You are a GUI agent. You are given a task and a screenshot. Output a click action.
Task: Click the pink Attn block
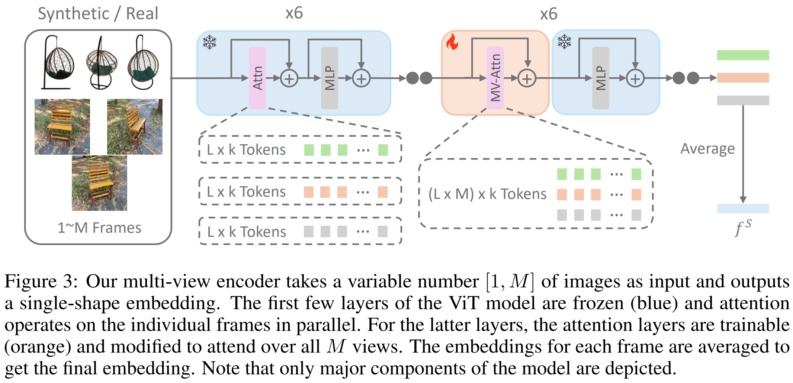click(x=257, y=78)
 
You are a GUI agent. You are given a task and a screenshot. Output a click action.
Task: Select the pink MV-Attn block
click(x=495, y=78)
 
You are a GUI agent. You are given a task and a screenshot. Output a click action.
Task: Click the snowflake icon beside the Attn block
click(x=210, y=42)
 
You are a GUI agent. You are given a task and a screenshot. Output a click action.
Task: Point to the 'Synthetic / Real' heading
click(x=98, y=14)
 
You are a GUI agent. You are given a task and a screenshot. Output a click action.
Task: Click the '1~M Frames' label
click(x=99, y=228)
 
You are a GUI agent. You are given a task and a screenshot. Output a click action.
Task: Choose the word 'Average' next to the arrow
click(x=707, y=149)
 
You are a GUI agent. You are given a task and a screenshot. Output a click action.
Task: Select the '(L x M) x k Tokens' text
click(x=487, y=194)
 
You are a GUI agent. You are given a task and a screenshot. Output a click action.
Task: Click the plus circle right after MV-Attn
click(x=527, y=78)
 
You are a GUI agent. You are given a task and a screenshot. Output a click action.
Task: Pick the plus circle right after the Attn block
click(x=289, y=78)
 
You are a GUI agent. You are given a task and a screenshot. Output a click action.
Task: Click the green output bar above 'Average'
click(x=743, y=55)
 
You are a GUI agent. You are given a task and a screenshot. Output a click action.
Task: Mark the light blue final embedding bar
click(x=743, y=209)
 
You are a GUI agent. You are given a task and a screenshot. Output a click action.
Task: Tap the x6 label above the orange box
click(x=549, y=14)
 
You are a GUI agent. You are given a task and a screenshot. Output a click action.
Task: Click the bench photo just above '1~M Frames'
click(x=99, y=183)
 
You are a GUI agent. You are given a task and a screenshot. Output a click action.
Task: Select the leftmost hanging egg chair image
click(x=58, y=62)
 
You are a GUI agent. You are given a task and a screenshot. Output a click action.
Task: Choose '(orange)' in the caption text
click(x=38, y=347)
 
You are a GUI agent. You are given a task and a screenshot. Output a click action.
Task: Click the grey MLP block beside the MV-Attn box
click(x=600, y=78)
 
